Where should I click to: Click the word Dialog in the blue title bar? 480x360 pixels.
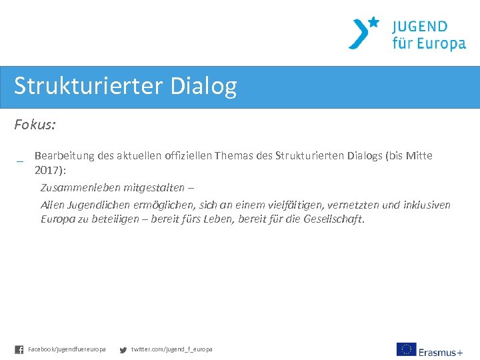(203, 87)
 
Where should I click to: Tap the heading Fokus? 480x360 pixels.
(35, 125)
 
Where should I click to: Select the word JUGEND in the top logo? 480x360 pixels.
(419, 27)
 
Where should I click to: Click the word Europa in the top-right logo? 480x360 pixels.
(438, 44)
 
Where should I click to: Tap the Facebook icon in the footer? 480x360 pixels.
(19, 349)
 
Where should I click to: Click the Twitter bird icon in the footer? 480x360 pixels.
(123, 349)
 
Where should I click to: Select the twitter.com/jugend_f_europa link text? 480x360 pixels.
(171, 349)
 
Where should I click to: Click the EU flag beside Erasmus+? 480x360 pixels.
(406, 349)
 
